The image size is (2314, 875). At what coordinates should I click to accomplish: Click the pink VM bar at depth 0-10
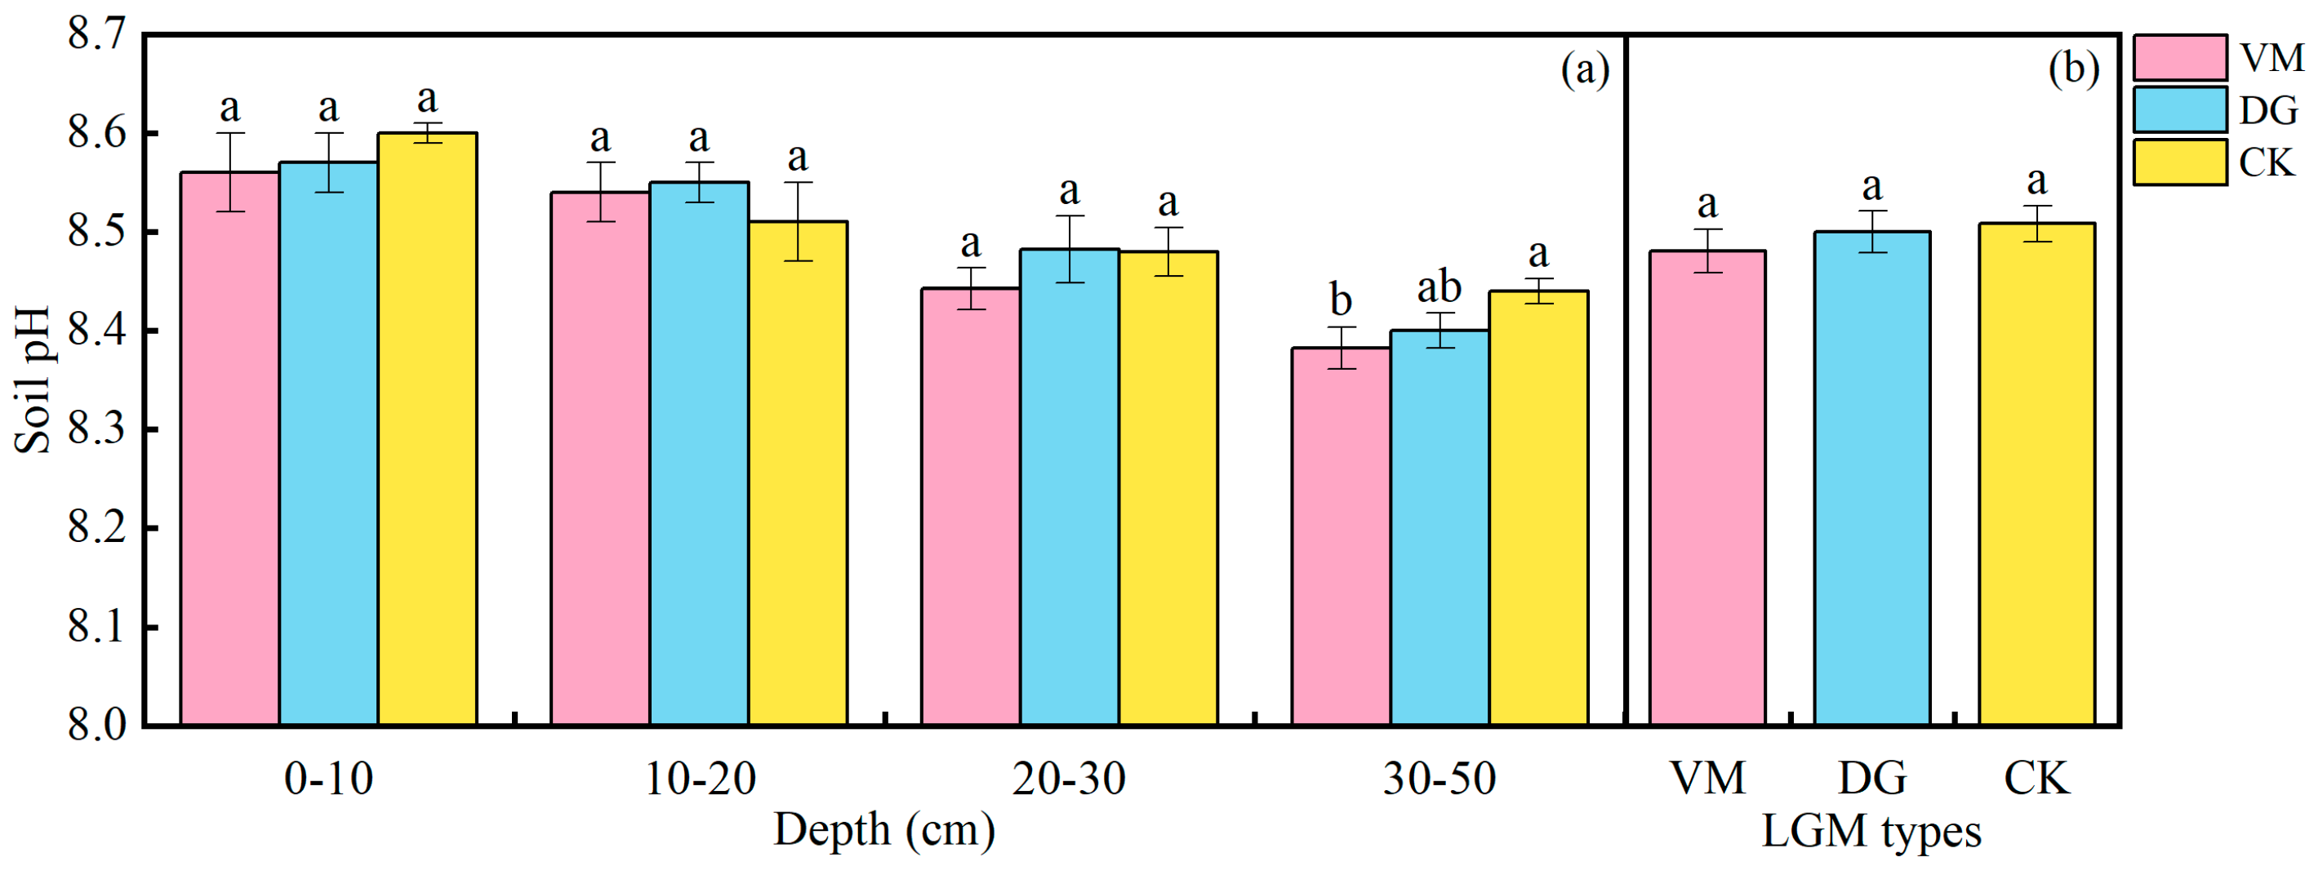tap(230, 449)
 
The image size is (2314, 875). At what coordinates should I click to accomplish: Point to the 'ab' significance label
tap(1439, 287)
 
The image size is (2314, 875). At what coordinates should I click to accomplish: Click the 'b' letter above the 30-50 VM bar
tap(1340, 300)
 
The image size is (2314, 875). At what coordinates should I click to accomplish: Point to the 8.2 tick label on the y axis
tap(97, 528)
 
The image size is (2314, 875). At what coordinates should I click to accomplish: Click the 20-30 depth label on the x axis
tap(1069, 778)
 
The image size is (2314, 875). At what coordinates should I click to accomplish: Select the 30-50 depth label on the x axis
tap(1439, 778)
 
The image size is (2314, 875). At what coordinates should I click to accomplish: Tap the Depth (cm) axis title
tap(884, 831)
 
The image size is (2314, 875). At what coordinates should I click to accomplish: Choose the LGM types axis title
tap(1871, 831)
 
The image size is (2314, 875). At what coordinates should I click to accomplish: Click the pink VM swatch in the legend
tap(2179, 57)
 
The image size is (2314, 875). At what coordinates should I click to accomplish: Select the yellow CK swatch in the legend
tap(2179, 162)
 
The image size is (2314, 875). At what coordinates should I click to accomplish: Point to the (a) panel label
tap(1585, 69)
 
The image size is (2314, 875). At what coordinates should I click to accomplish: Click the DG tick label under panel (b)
tap(1872, 778)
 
